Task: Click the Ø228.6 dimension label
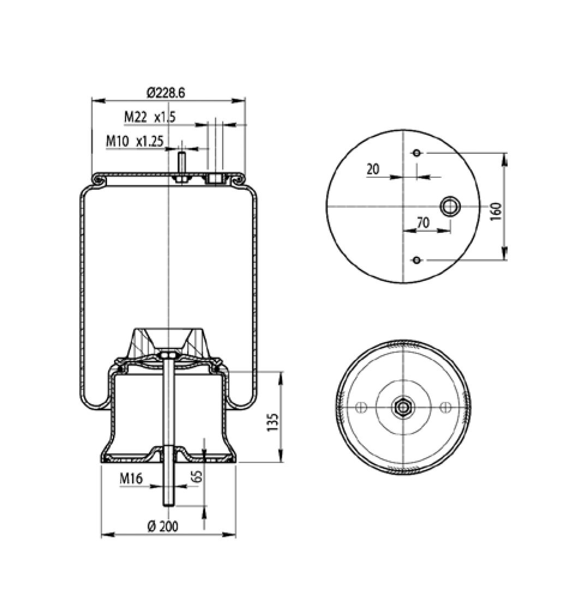[166, 92]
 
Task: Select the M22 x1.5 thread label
[150, 117]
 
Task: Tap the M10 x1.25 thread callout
[135, 141]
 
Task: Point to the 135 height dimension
[272, 422]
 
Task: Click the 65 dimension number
[196, 477]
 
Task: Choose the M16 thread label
[131, 478]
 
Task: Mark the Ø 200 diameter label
[163, 526]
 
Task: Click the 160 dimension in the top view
[496, 212]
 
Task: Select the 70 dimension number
[423, 223]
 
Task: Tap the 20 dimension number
[373, 169]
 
